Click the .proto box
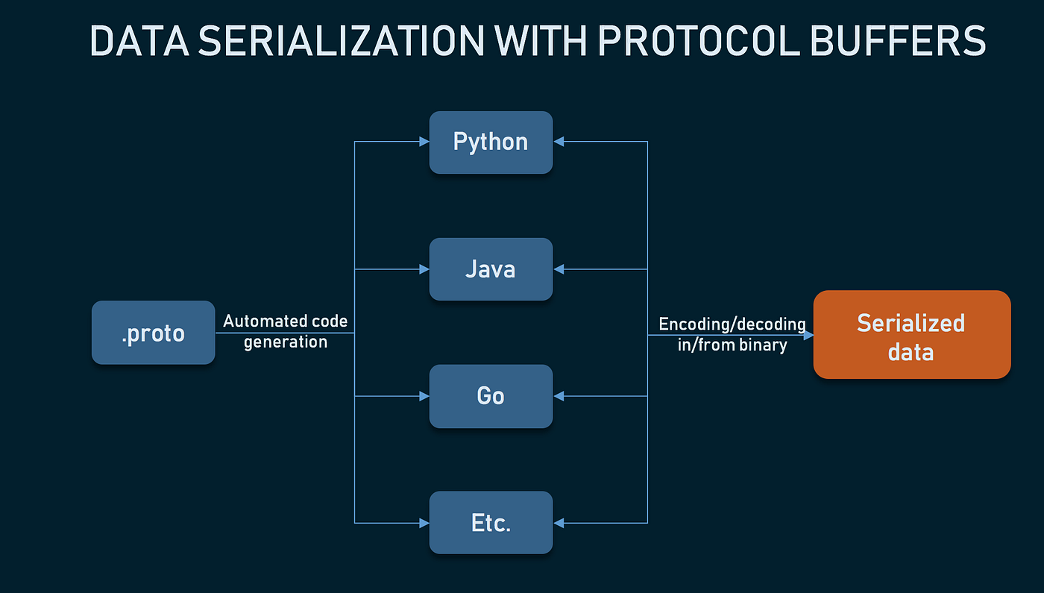[153, 333]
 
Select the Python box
[491, 142]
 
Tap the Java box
[491, 269]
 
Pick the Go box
[491, 396]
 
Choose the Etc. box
[491, 523]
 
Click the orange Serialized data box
[911, 335]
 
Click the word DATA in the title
[139, 41]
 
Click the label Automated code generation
[286, 332]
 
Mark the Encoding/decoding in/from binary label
[732, 334]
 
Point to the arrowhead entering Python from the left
[424, 142]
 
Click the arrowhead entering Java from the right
[559, 269]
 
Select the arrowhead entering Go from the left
[424, 396]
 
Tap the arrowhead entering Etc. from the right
[559, 523]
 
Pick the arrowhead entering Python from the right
[559, 142]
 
